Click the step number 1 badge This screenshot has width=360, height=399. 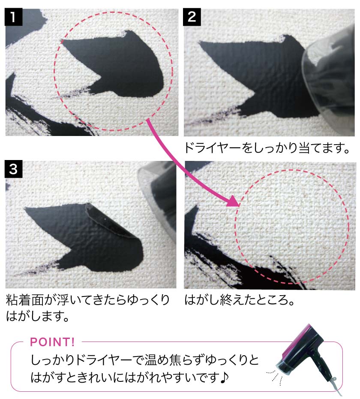[x=13, y=17]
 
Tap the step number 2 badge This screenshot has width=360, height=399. [x=192, y=17]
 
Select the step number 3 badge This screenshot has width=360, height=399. [x=13, y=169]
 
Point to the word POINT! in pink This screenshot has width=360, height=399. [x=52, y=342]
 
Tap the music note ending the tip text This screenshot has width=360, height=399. [x=223, y=378]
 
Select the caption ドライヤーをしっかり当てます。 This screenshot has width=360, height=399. [x=267, y=148]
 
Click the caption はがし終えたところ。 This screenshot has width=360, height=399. [x=240, y=300]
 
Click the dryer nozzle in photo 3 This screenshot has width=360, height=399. [x=158, y=196]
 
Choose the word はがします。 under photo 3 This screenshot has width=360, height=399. [x=38, y=316]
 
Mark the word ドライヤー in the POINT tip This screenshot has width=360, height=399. [x=104, y=360]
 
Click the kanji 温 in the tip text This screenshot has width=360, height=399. [x=151, y=360]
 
